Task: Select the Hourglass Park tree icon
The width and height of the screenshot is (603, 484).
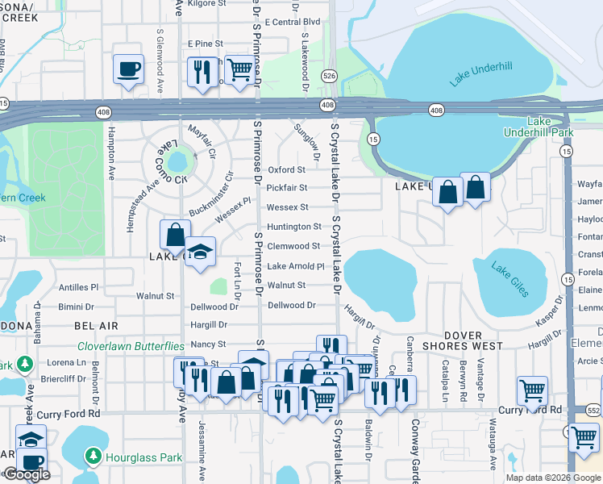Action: tap(93, 457)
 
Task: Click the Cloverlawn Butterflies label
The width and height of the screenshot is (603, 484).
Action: tap(131, 346)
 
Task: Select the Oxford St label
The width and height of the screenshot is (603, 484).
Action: tap(287, 170)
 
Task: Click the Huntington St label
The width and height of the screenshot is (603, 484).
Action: tap(294, 227)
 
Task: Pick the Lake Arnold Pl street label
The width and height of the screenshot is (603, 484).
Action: tap(295, 266)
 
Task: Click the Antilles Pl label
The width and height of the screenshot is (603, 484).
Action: tap(78, 287)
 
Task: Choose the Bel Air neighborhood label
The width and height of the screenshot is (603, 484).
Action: tap(96, 326)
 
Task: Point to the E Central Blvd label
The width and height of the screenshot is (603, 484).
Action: tap(292, 23)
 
